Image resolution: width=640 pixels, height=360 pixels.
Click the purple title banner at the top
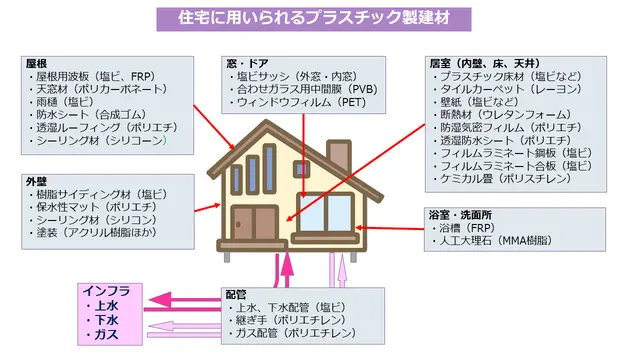point(313,19)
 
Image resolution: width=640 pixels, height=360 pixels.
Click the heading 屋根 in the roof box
point(36,64)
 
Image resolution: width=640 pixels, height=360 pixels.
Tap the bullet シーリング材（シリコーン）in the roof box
point(98,140)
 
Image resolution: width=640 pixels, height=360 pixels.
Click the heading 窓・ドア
point(247,64)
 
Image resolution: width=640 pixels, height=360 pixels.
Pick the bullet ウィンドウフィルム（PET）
point(298,102)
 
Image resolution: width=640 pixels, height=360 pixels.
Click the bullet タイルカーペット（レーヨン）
point(507,89)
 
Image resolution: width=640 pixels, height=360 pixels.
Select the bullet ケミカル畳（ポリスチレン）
point(502,179)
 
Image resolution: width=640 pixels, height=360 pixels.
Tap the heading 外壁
point(36,182)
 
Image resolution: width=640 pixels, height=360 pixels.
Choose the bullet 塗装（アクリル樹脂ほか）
point(93,233)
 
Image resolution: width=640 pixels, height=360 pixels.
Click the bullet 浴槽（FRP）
point(464,228)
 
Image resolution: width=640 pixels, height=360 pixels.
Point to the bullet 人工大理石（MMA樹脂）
point(492,241)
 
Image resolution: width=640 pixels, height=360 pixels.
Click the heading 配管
point(236,295)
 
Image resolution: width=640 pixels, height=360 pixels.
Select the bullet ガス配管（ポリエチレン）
point(292,333)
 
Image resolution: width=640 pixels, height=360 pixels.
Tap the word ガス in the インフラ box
point(106,335)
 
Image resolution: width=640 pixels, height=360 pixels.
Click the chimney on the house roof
point(339,156)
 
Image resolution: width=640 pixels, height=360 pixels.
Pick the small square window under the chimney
point(301,169)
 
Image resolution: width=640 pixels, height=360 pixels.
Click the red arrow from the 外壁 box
point(207,208)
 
